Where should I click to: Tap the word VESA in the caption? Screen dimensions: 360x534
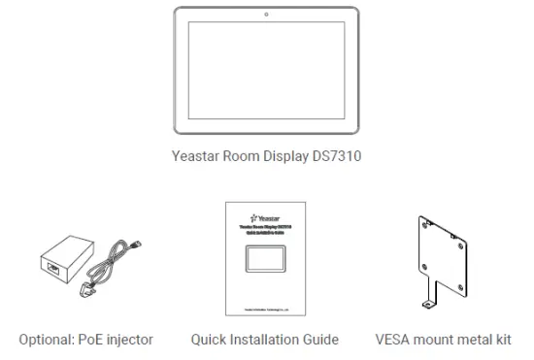coord(396,339)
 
